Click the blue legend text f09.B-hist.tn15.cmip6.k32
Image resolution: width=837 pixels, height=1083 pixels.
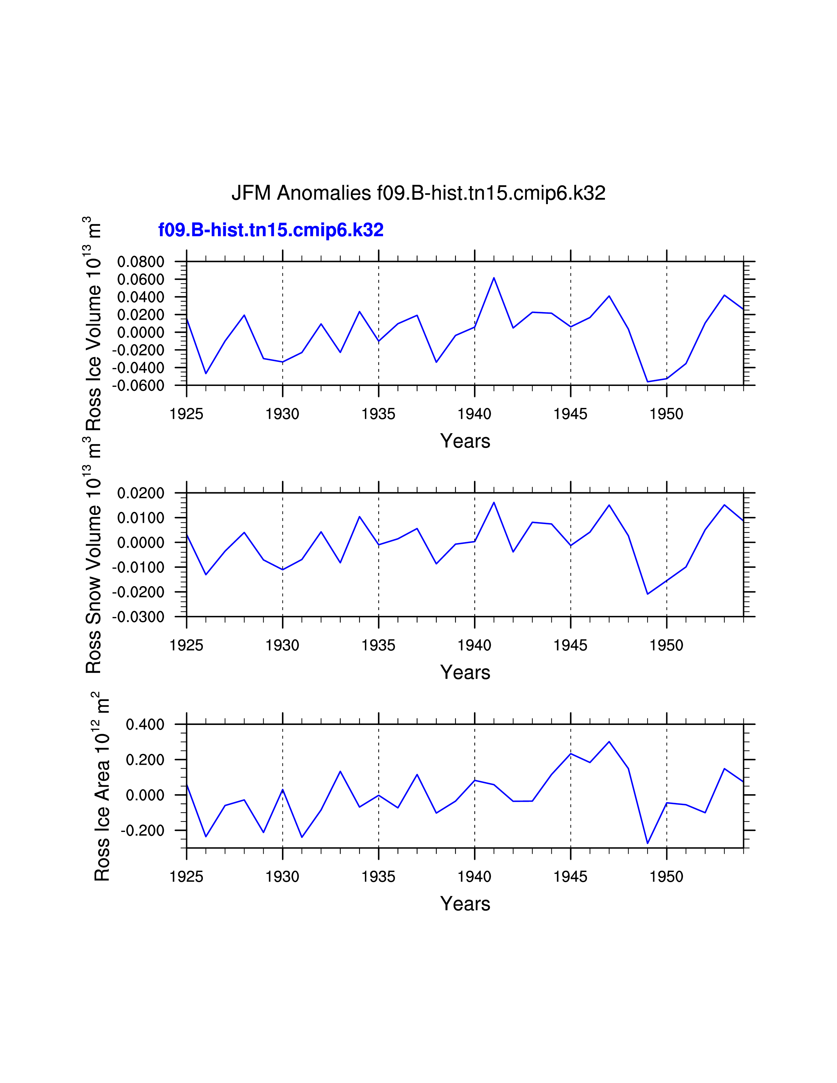pyautogui.click(x=271, y=230)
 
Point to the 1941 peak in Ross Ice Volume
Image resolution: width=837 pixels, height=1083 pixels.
pyautogui.click(x=494, y=278)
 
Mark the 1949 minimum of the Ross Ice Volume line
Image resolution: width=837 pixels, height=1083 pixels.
pyautogui.click(x=648, y=382)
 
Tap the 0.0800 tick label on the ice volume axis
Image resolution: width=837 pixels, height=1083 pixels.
pyautogui.click(x=140, y=262)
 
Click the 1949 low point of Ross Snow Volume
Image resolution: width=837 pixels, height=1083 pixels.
pyautogui.click(x=648, y=594)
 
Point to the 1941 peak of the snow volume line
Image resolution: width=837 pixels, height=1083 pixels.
pyautogui.click(x=494, y=502)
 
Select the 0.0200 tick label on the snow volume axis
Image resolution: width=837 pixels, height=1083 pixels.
pyautogui.click(x=140, y=493)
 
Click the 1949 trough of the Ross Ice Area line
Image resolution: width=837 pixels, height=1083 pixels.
pyautogui.click(x=648, y=843)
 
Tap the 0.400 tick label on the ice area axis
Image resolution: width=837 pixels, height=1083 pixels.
pyautogui.click(x=145, y=725)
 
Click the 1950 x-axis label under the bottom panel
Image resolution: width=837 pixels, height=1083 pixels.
pyautogui.click(x=666, y=877)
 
